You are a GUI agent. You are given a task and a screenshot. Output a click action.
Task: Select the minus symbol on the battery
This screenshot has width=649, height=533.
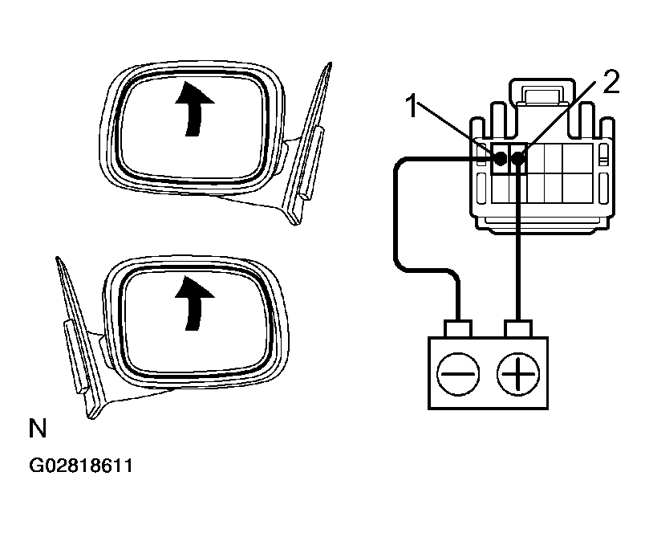coord(458,373)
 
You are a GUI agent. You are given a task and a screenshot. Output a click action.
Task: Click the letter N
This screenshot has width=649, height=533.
coord(37,429)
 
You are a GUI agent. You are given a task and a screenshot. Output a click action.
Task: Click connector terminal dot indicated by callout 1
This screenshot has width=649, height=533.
coord(500,158)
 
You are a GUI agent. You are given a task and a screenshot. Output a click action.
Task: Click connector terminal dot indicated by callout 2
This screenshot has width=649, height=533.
coord(518,159)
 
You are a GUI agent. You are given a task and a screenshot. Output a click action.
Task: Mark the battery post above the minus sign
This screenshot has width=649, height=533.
coord(458,330)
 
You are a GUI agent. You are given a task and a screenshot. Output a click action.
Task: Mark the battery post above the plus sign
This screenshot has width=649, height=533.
coord(517,330)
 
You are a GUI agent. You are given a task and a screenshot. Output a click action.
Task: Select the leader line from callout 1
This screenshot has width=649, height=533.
coord(457,132)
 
